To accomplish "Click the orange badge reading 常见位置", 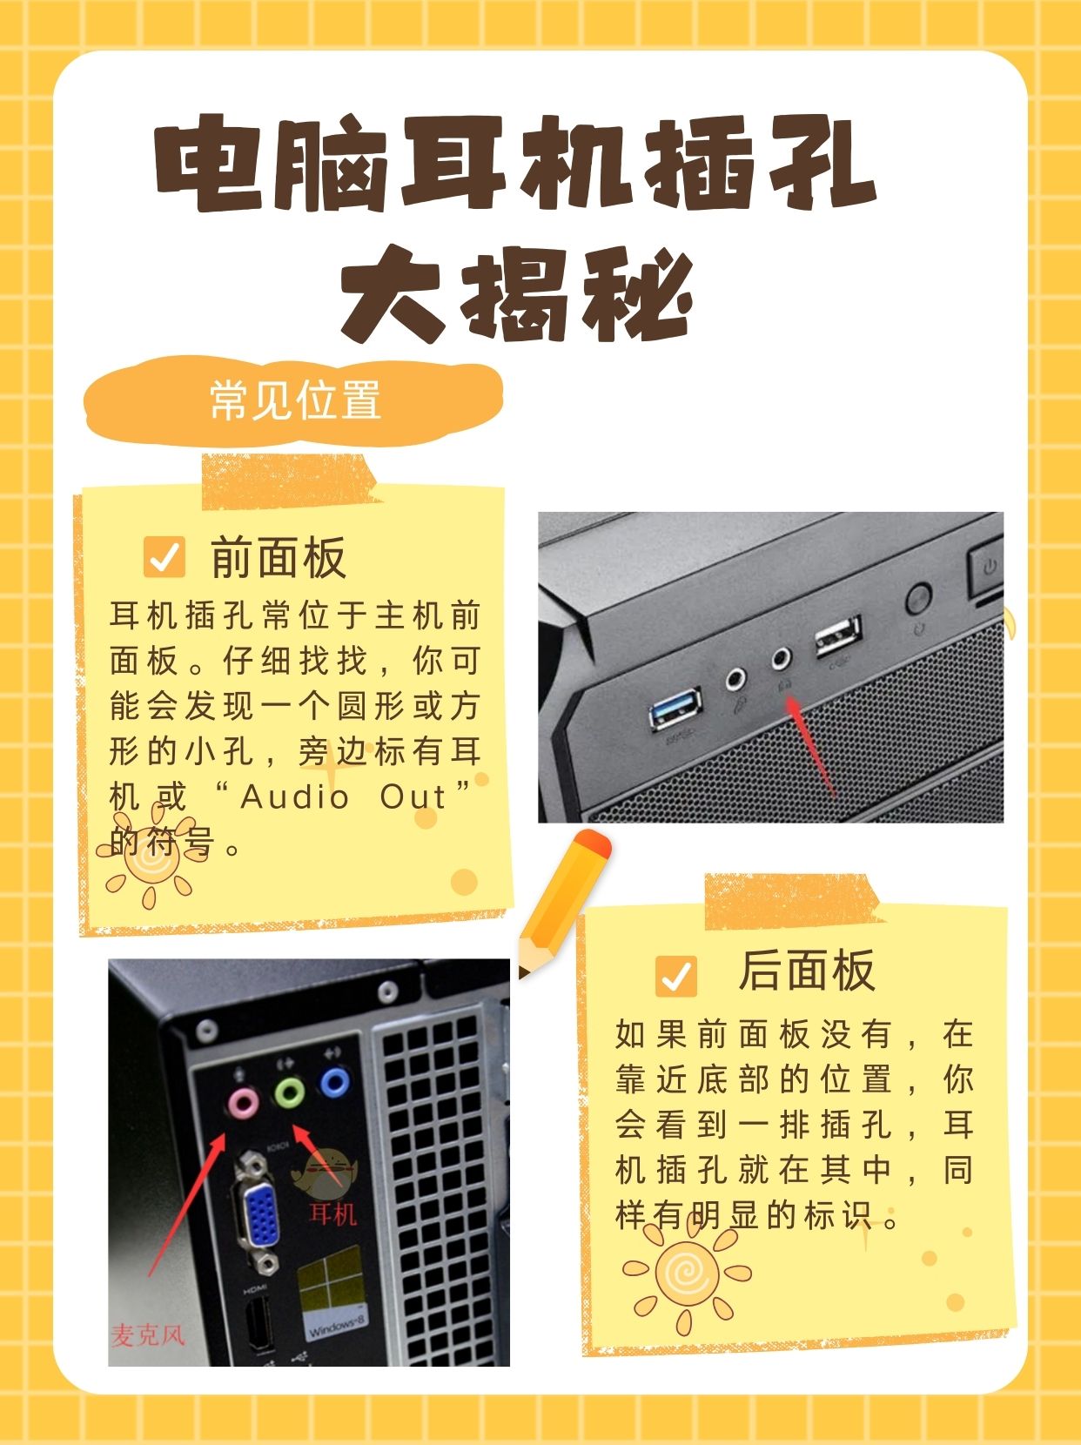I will [294, 401].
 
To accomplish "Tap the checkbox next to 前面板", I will [164, 557].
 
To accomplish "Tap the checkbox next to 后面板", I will [676, 976].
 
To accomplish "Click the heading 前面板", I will [279, 557].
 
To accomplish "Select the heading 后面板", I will [806, 971].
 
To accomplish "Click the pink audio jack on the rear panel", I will [242, 1102].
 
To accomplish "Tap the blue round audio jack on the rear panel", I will [334, 1083].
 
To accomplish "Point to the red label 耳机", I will [333, 1213].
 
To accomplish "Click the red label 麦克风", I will [148, 1334].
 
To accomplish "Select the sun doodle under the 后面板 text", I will [686, 1275].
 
